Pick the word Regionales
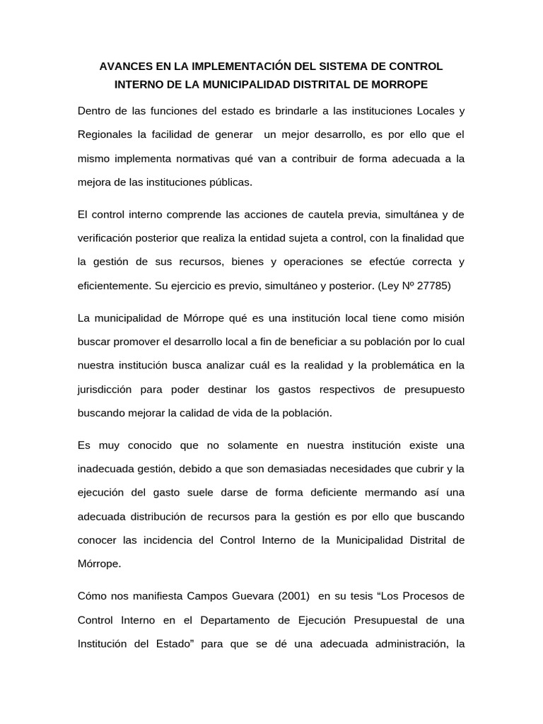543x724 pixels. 105,135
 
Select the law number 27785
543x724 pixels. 433,286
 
